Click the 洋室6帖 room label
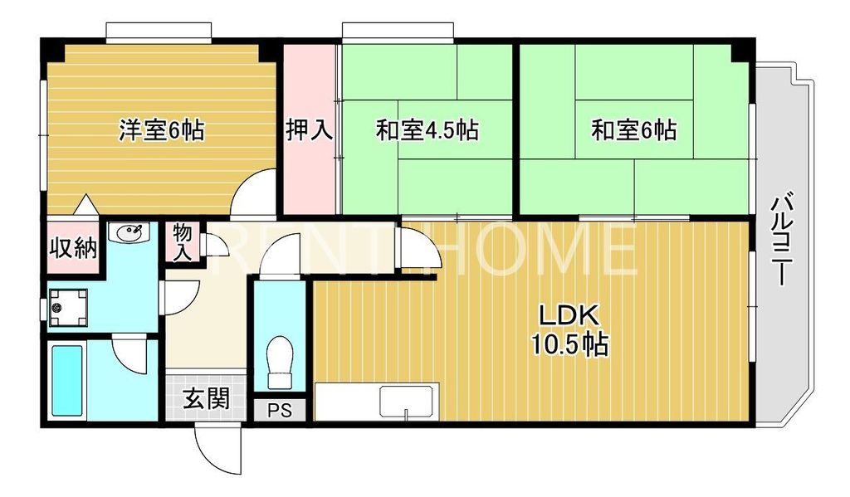point(162,130)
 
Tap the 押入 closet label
point(310,130)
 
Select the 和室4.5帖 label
point(427,130)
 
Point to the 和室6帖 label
point(633,130)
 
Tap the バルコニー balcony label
point(780,240)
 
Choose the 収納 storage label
point(72,247)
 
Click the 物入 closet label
point(183,243)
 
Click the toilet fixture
point(281,362)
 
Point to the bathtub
point(67,380)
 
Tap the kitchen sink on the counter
point(408,402)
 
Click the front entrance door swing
point(217,448)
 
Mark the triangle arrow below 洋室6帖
point(85,204)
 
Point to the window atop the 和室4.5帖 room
point(398,32)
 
